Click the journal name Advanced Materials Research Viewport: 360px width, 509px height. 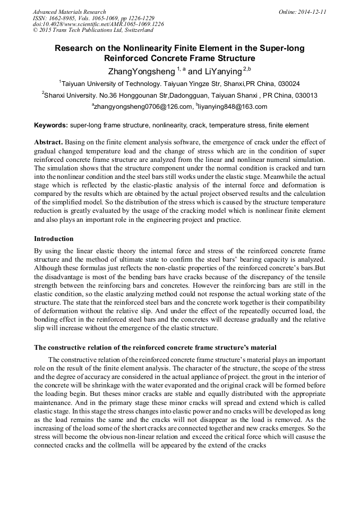[69, 12]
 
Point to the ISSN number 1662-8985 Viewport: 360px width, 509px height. [62, 18]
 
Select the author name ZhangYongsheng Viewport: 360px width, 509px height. [140, 71]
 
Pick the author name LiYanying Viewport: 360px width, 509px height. [220, 71]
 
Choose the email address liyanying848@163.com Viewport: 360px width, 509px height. [233, 107]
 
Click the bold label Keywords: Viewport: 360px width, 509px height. [51, 126]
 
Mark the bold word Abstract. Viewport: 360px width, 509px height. [49, 143]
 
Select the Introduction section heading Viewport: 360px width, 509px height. [54, 239]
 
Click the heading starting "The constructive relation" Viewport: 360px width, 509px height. [155, 348]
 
